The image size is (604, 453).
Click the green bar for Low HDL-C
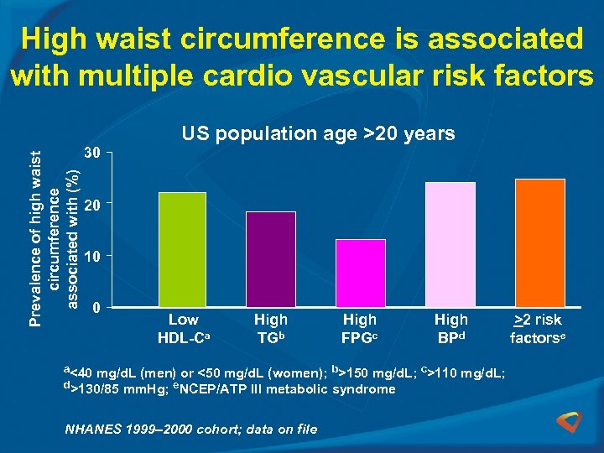click(x=183, y=249)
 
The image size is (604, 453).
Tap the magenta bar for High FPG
click(x=360, y=273)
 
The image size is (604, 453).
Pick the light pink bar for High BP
click(x=450, y=244)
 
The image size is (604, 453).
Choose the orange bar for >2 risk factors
click(x=539, y=242)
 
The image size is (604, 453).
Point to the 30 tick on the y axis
click(x=93, y=154)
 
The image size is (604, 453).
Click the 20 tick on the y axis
click(x=93, y=205)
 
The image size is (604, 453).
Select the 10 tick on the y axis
click(x=93, y=256)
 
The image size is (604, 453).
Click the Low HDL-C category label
click(x=184, y=329)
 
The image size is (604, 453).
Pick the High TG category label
click(x=270, y=329)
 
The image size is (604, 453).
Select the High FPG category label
click(x=360, y=329)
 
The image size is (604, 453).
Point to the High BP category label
click(x=451, y=329)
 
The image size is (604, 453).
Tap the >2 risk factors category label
click(x=538, y=329)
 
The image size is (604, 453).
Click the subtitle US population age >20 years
click(x=318, y=133)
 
